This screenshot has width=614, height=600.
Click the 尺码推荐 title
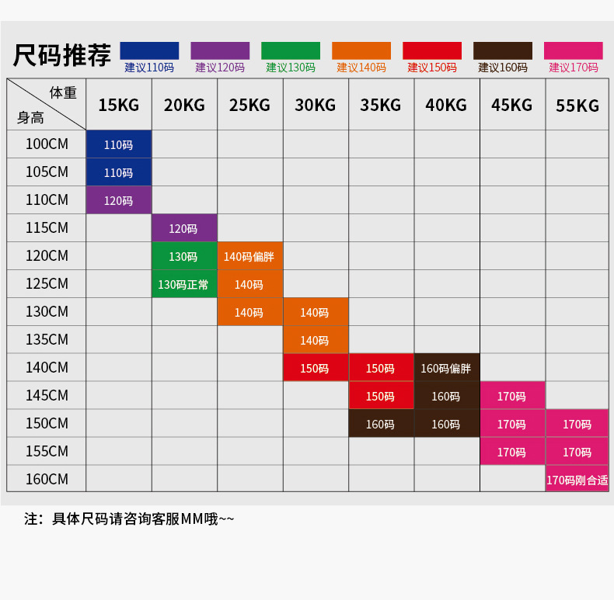pyautogui.click(x=62, y=56)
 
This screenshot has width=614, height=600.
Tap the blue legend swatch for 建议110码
pyautogui.click(x=149, y=50)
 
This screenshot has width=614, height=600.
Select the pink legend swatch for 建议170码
pyautogui.click(x=574, y=50)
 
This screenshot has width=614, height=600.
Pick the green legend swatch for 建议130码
pyautogui.click(x=291, y=50)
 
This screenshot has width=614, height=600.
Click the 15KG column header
pyautogui.click(x=118, y=105)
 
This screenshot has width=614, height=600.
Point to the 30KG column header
pyautogui.click(x=315, y=105)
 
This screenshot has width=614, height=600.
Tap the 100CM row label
pyautogui.click(x=47, y=144)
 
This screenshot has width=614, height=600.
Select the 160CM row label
pyautogui.click(x=47, y=479)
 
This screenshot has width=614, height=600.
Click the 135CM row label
pyautogui.click(x=47, y=339)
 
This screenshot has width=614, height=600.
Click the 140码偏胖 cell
pyautogui.click(x=249, y=256)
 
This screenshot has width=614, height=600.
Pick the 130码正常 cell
pyautogui.click(x=183, y=284)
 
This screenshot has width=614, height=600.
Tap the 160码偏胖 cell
pyautogui.click(x=446, y=368)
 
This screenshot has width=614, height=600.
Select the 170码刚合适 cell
pyautogui.click(x=577, y=480)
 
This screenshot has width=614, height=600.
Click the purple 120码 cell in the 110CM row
pyautogui.click(x=118, y=200)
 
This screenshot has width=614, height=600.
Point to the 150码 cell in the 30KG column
pyautogui.click(x=315, y=368)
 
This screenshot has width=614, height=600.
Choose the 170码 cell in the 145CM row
pyautogui.click(x=511, y=396)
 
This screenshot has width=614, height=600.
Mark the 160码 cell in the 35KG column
pyautogui.click(x=380, y=424)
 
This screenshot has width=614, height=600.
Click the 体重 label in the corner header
pyautogui.click(x=63, y=92)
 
